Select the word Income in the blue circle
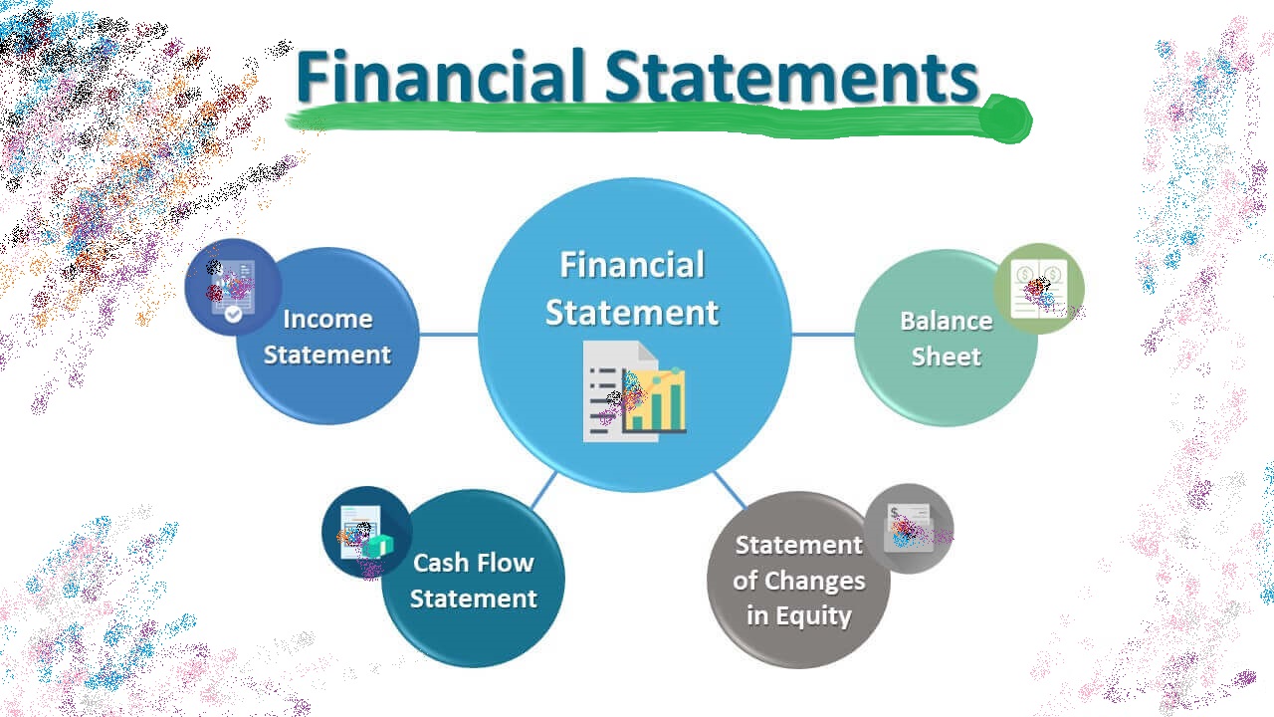(327, 319)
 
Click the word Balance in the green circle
(946, 321)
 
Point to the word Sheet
(946, 357)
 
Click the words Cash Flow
(473, 563)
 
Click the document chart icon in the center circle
(634, 391)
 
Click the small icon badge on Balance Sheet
(1038, 289)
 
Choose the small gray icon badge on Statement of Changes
(908, 528)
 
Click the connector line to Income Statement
(448, 335)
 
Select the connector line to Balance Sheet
(822, 335)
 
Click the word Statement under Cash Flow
(473, 598)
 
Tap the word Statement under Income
(327, 355)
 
